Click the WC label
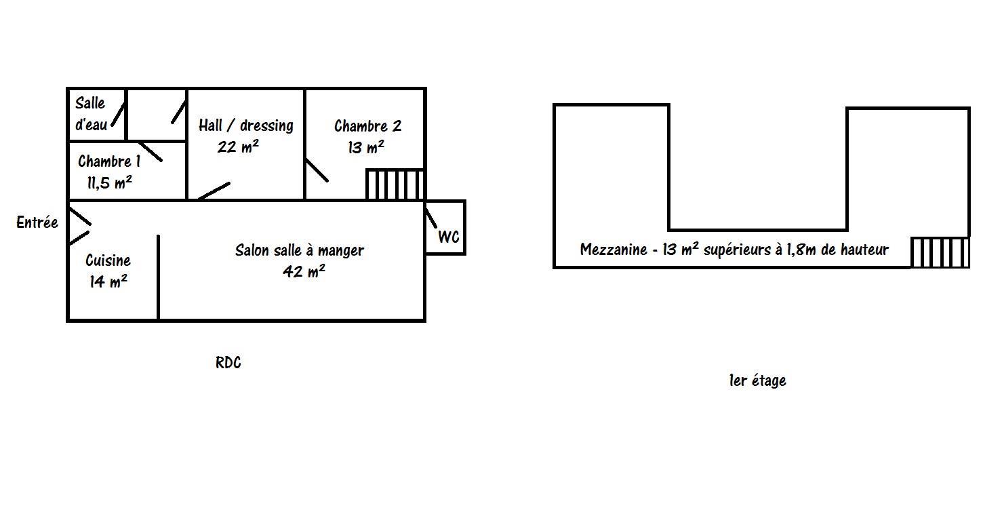click(449, 237)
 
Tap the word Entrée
click(37, 222)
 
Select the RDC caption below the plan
click(228, 362)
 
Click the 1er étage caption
click(757, 380)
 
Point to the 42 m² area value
click(304, 271)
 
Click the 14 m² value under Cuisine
click(108, 281)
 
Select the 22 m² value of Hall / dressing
click(237, 146)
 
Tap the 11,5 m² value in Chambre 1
click(109, 182)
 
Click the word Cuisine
click(108, 260)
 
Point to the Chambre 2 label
click(367, 126)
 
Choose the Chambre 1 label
click(109, 161)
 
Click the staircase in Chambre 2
click(395, 184)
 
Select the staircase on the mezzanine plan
click(940, 252)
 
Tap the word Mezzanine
click(614, 250)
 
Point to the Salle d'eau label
click(90, 114)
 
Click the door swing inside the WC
click(430, 218)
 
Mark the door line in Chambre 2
click(317, 170)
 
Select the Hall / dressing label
click(246, 125)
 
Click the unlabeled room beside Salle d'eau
click(157, 115)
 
